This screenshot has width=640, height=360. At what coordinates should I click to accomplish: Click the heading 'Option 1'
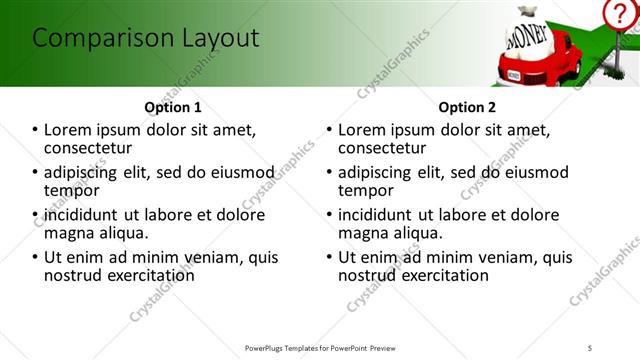coord(173,107)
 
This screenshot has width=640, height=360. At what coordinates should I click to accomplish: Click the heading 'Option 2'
coord(467,107)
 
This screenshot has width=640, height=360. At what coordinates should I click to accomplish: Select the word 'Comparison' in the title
coord(96,39)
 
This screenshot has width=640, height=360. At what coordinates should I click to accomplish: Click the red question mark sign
coord(619,14)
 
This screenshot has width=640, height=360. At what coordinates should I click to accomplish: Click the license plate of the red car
coord(513,75)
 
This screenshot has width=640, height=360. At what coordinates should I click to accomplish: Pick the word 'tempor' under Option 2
coord(365,191)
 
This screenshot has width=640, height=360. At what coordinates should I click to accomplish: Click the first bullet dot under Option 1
coord(36,130)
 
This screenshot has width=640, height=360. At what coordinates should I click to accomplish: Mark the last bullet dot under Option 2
coord(329,257)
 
